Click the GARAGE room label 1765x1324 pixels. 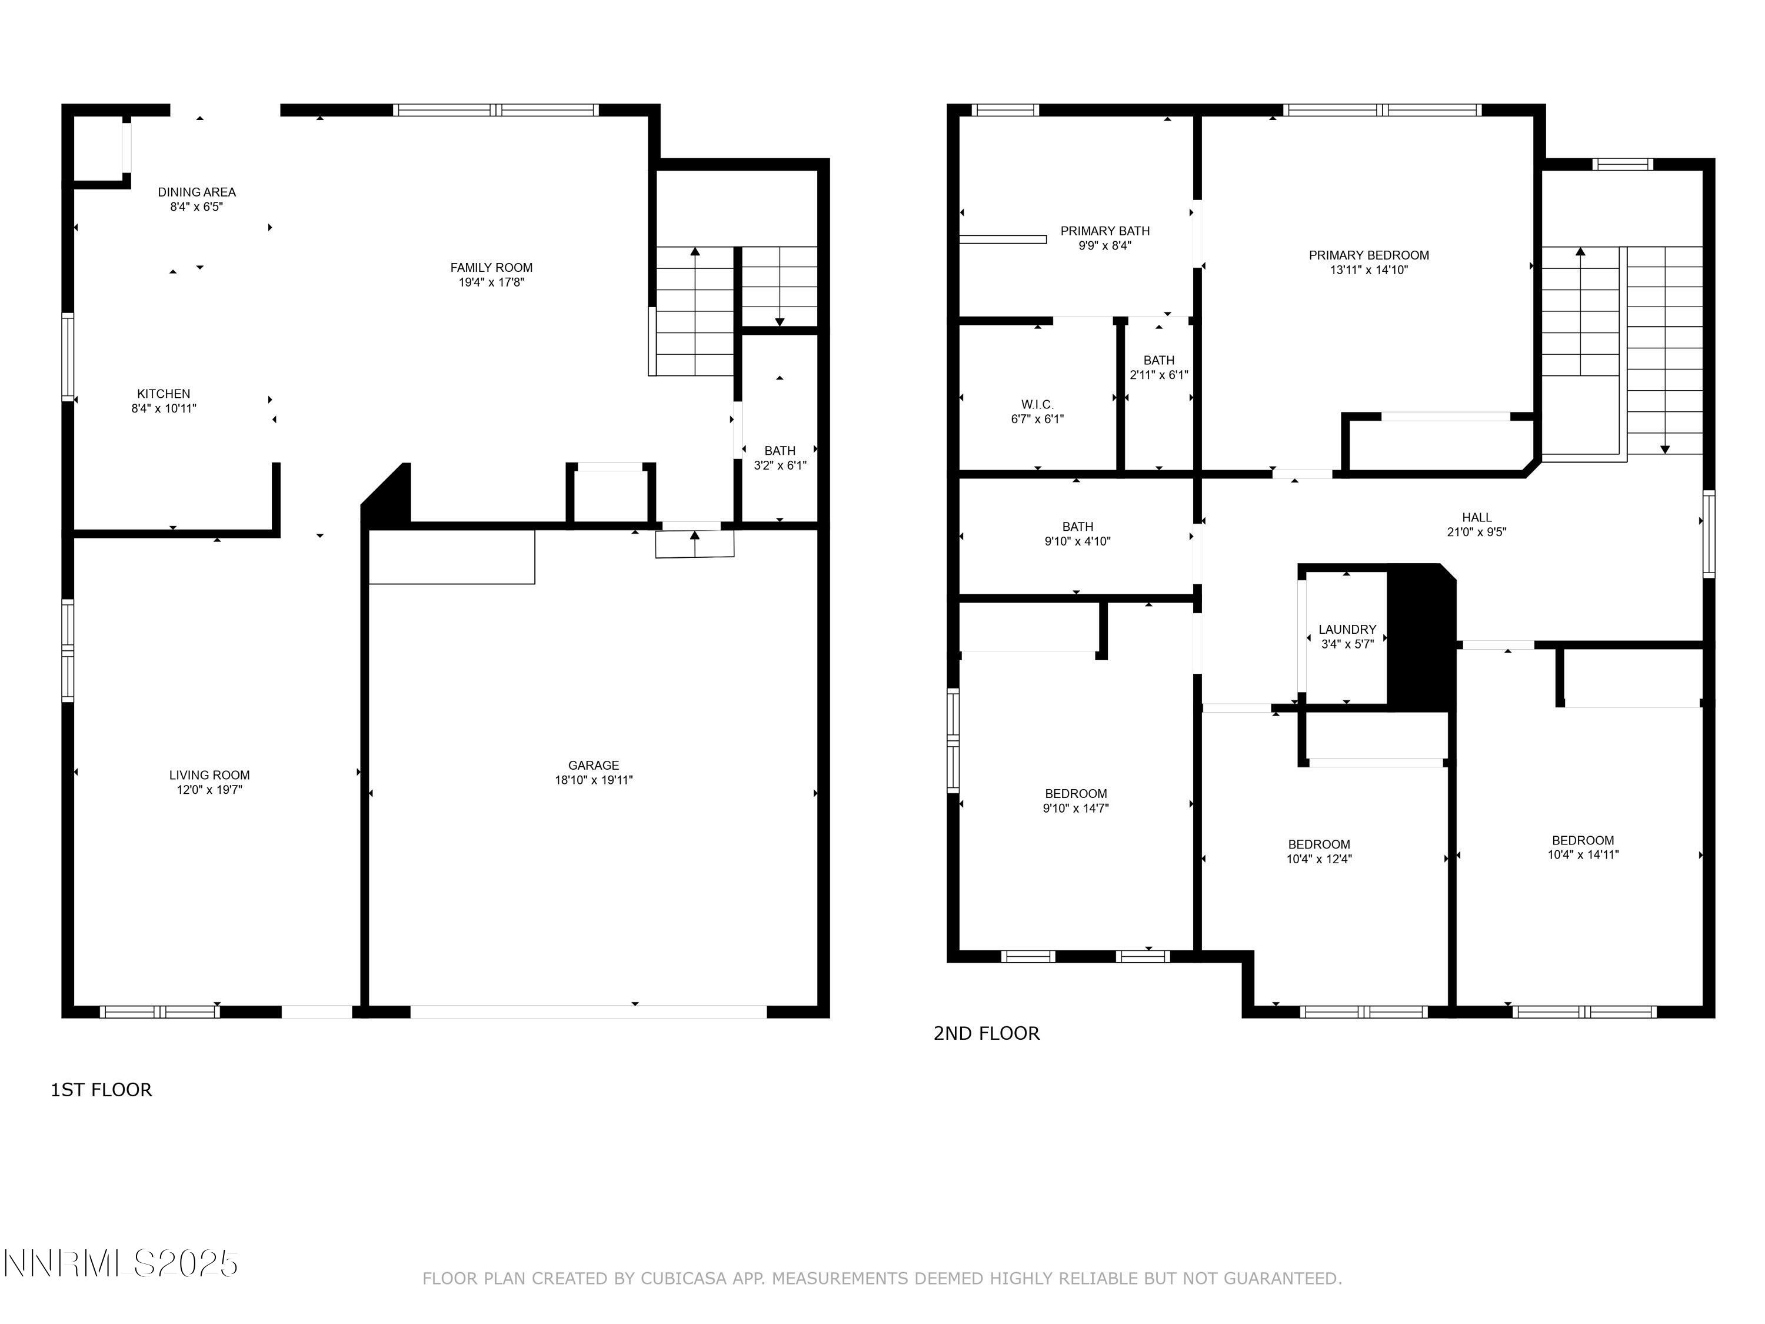click(x=594, y=766)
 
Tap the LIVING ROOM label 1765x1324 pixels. click(x=209, y=775)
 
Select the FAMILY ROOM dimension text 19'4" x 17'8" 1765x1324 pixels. click(x=491, y=282)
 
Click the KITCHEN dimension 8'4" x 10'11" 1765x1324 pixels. click(x=164, y=408)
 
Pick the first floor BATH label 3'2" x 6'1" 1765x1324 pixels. click(x=780, y=458)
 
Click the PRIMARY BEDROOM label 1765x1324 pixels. click(x=1368, y=255)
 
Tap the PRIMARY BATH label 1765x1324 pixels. click(x=1104, y=231)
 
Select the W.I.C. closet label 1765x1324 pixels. click(x=1037, y=405)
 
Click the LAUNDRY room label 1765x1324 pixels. click(x=1347, y=630)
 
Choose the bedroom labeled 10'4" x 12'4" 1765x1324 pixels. click(x=1319, y=851)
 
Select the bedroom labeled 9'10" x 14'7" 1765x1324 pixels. click(x=1075, y=800)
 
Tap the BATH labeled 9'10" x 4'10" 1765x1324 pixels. click(x=1077, y=534)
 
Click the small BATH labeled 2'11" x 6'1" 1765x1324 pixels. click(x=1158, y=368)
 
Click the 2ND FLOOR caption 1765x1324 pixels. click(x=986, y=1033)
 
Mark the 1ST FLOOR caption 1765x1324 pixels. click(x=101, y=1090)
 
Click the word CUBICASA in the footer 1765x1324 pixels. click(x=683, y=1279)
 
